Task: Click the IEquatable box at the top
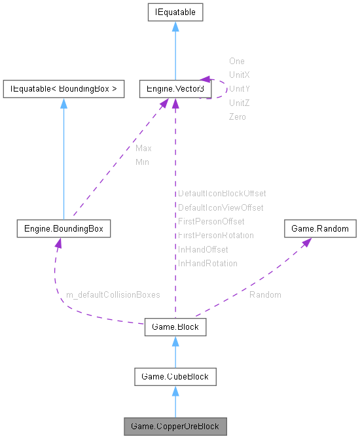(175, 12)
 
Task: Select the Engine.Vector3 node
(175, 88)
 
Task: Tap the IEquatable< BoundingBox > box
(63, 88)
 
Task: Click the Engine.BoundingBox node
(63, 229)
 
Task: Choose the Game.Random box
(320, 229)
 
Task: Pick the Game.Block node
(175, 326)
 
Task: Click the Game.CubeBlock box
(175, 376)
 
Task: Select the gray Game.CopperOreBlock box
(175, 427)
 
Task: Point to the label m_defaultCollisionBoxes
(113, 295)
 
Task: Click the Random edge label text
(265, 295)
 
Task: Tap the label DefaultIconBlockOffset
(222, 194)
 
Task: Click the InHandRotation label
(207, 263)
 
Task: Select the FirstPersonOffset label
(211, 221)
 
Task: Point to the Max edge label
(143, 149)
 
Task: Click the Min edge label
(142, 162)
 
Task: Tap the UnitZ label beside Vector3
(239, 103)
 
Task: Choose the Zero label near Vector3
(237, 116)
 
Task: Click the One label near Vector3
(236, 61)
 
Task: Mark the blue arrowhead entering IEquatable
(175, 27)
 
